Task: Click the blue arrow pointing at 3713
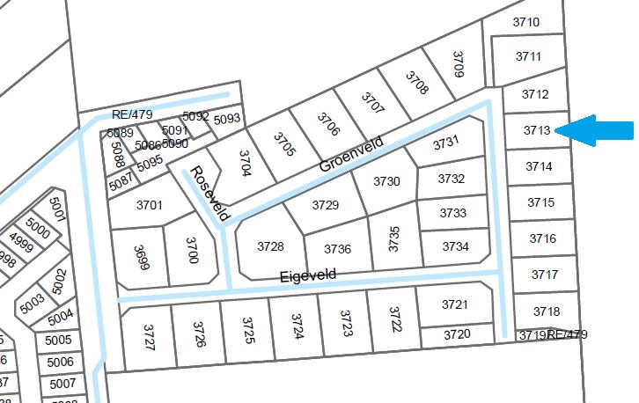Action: tap(596, 130)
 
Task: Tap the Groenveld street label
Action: tap(352, 153)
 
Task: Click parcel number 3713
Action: tap(537, 130)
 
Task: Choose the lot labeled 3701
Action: tap(150, 205)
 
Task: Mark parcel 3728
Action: tap(270, 246)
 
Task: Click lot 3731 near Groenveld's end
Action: tap(445, 142)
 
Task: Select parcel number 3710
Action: tap(525, 22)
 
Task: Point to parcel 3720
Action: tap(456, 334)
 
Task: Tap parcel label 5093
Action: tap(227, 119)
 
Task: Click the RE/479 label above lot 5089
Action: tap(133, 114)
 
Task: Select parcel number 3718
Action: tap(547, 311)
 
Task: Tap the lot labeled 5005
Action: tap(58, 341)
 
